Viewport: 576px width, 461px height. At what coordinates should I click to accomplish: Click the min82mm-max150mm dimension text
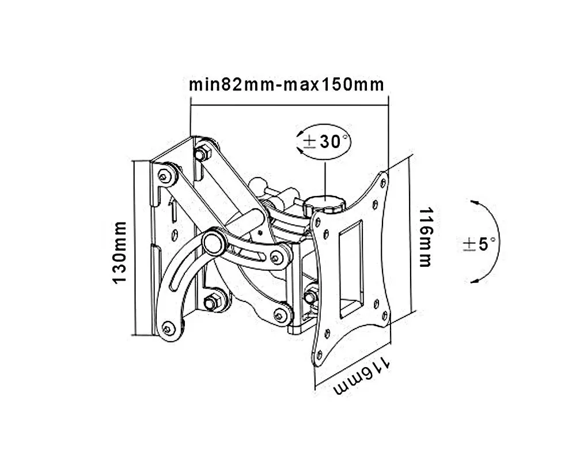point(286,85)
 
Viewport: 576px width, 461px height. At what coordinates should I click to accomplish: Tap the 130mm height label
point(120,252)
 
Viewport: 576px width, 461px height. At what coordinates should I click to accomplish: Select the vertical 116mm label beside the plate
point(426,237)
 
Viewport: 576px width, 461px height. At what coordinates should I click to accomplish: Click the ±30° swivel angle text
point(325,142)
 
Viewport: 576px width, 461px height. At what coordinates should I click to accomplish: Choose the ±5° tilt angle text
point(479,244)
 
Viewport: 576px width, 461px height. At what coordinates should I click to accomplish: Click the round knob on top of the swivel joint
point(324,205)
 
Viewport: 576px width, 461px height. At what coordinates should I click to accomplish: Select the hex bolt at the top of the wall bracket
point(202,153)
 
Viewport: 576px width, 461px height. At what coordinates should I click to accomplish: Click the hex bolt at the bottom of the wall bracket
point(210,302)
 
